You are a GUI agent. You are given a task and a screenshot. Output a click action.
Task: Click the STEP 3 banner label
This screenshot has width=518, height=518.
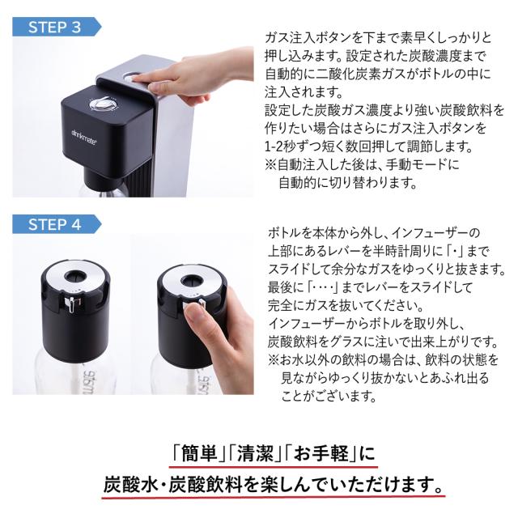tap(55, 27)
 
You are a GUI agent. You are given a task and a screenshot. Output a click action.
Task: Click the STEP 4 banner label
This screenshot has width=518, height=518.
tap(55, 225)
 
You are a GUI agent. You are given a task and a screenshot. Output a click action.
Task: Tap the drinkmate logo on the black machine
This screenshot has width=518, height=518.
tap(84, 136)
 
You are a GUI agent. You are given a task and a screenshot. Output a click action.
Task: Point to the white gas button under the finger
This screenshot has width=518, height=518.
tap(128, 79)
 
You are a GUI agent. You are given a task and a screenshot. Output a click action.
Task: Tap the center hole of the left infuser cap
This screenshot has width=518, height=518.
tap(75, 277)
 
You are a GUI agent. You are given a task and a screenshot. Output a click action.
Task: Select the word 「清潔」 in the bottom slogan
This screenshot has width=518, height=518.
tap(255, 452)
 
